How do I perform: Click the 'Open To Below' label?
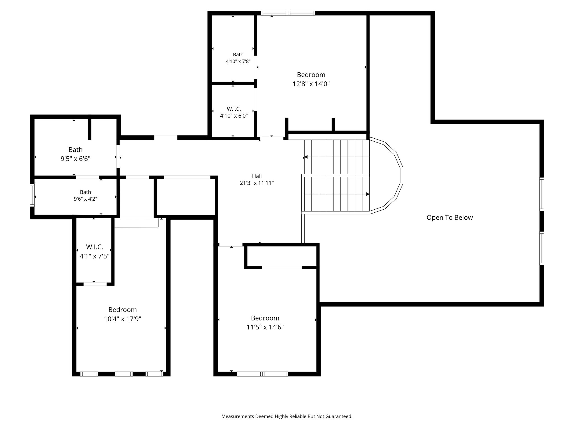(x=450, y=217)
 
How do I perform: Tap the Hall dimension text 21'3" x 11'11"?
(x=257, y=183)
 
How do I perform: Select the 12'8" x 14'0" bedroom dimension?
(x=311, y=84)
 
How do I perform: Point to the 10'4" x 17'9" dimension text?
(x=122, y=319)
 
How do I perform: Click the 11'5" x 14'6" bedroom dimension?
(x=265, y=327)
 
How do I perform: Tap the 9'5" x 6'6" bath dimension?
(x=75, y=159)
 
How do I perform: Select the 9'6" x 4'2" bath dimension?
(x=85, y=199)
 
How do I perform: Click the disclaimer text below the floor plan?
(x=287, y=416)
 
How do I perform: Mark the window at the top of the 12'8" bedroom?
(x=288, y=13)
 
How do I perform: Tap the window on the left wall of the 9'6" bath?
(x=32, y=195)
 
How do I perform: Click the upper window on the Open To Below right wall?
(x=542, y=194)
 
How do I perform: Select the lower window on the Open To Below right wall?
(x=542, y=248)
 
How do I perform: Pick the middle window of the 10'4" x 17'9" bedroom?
(x=124, y=374)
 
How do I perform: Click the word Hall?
(x=257, y=176)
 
